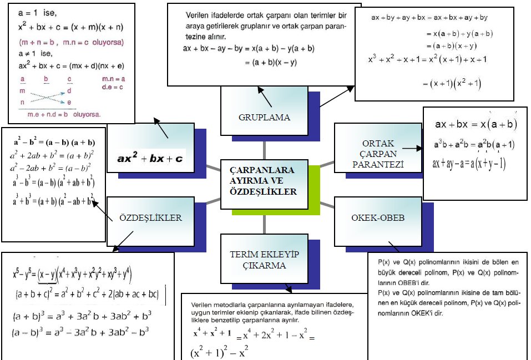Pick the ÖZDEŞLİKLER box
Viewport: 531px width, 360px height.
pos(150,218)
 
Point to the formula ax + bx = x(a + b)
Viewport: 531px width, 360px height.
pos(476,124)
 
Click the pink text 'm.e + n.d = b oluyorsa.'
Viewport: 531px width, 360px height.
pos(65,114)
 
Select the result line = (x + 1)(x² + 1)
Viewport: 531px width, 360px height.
pos(455,84)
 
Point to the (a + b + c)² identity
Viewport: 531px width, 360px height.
pos(87,295)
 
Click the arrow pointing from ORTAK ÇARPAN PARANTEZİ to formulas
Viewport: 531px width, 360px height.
pos(411,149)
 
